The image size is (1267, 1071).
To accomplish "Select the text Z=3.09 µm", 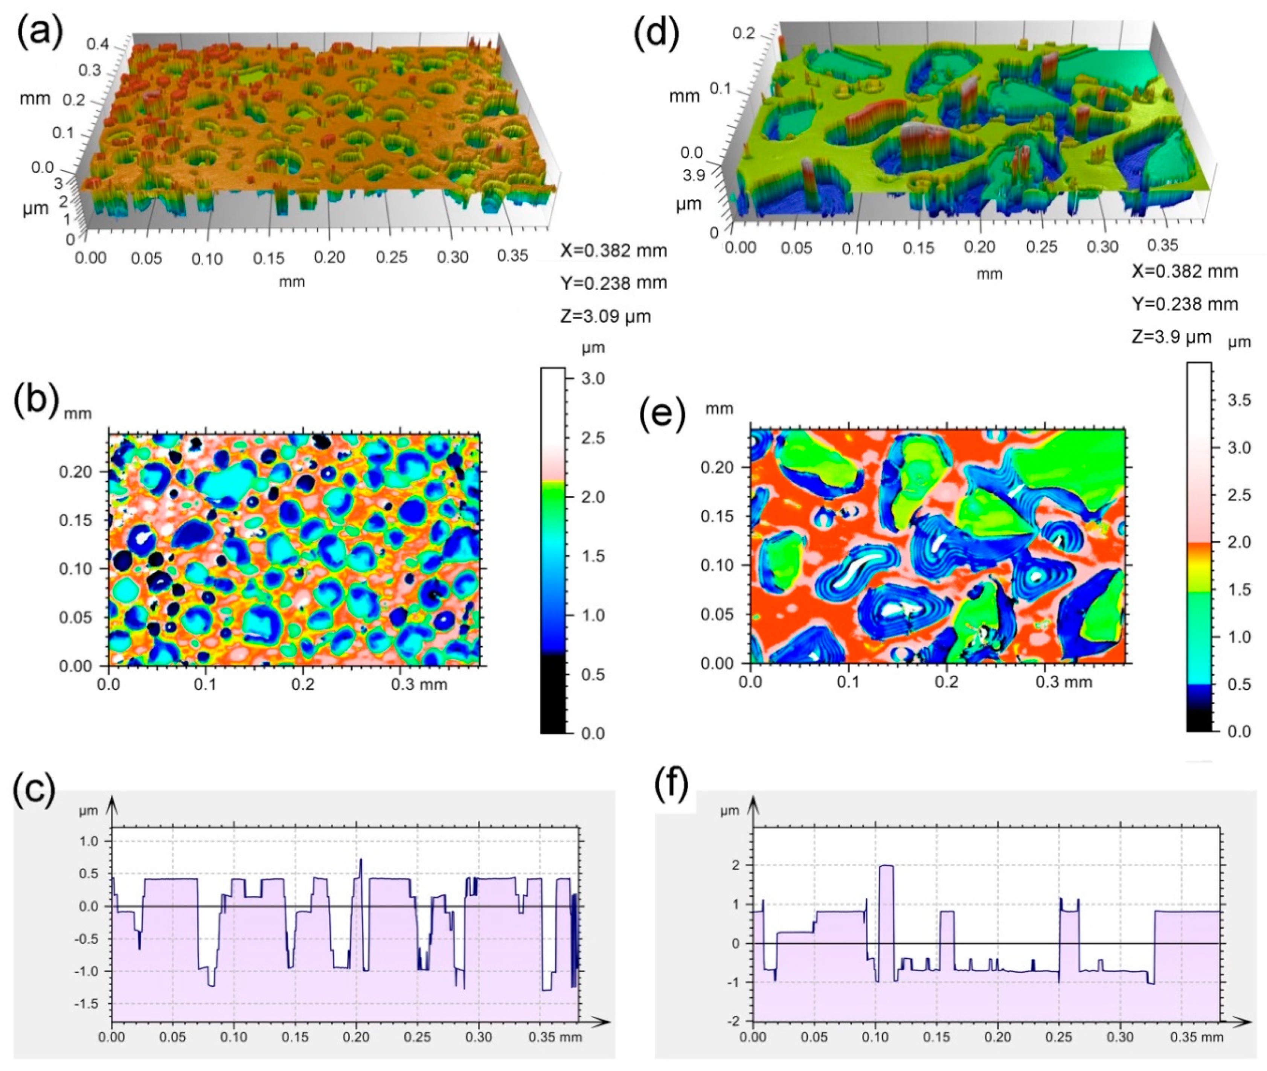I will point(605,316).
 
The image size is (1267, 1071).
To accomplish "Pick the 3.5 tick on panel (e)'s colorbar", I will point(1238,400).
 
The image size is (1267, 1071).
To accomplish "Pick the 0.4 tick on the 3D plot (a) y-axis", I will point(97,44).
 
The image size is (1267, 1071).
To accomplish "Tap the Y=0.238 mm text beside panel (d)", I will point(1184,303).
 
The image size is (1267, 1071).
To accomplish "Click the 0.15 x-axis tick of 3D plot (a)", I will point(269,258).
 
